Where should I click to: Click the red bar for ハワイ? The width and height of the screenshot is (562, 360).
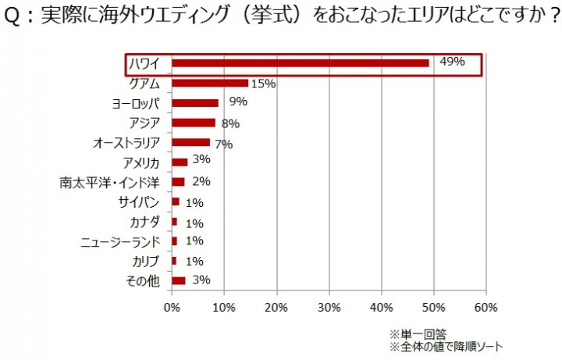pos(300,63)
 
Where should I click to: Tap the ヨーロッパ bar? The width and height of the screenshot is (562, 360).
pos(194,102)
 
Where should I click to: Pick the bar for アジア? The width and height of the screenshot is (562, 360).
pos(193,123)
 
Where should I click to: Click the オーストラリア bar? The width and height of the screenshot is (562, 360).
pos(190,142)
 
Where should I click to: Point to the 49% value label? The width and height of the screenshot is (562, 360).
pos(452,62)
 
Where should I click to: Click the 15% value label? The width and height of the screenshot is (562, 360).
pos(263,84)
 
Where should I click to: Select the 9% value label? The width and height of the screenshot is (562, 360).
pos(237,102)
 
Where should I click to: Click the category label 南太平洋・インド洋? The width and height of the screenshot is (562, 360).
pos(109,183)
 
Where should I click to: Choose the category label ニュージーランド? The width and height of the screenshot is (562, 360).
pos(120,242)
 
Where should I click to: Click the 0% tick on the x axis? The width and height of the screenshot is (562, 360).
pos(172,306)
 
